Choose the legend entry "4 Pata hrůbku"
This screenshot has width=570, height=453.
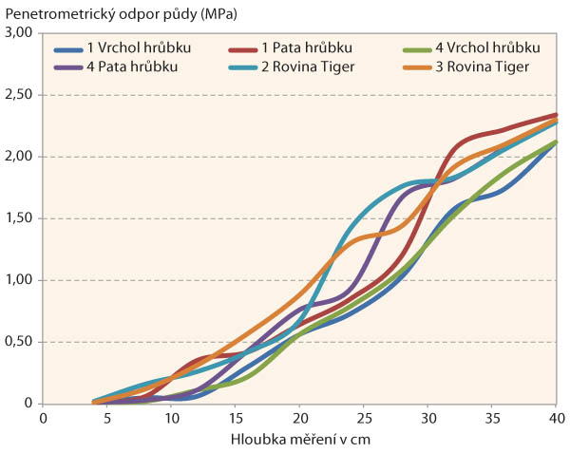click(124, 66)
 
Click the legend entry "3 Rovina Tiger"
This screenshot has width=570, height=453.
click(475, 66)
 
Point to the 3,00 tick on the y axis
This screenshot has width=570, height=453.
click(21, 33)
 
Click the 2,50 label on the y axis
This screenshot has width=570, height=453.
click(21, 95)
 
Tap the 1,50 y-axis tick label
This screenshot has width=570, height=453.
click(21, 218)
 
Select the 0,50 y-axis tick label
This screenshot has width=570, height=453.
click(21, 342)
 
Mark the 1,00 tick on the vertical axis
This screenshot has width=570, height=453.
click(21, 280)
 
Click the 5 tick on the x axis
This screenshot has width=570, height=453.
click(106, 418)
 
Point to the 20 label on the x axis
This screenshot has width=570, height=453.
click(299, 418)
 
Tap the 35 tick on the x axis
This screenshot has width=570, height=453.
click(492, 418)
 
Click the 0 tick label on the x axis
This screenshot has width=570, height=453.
click(43, 418)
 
